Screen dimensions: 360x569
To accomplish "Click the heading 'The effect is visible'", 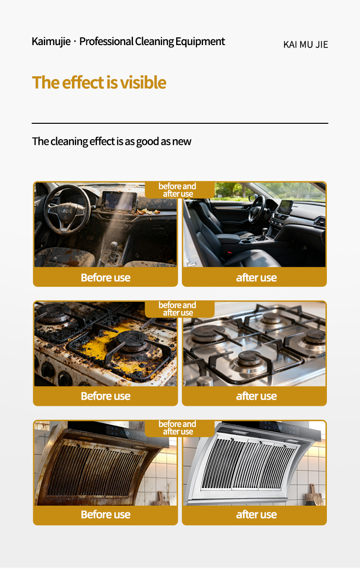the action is point(99,83).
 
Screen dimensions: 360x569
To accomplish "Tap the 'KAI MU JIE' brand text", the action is point(306,45).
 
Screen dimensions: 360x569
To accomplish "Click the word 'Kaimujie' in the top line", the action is point(51,42).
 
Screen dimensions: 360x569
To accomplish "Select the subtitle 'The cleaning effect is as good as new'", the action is point(111,141).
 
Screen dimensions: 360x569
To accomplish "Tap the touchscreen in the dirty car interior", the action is point(120,201).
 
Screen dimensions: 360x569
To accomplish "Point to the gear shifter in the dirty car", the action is point(114,250).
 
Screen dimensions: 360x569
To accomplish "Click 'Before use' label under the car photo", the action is point(106,278).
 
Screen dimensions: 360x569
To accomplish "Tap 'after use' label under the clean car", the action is point(256,278).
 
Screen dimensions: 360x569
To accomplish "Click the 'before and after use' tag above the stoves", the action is point(178,309).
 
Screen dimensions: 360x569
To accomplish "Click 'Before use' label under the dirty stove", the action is point(106,396).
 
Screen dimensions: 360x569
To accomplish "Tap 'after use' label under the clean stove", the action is point(256,396).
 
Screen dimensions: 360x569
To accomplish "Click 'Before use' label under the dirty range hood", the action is point(106,515).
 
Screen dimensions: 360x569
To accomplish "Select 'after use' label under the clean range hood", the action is point(256,515).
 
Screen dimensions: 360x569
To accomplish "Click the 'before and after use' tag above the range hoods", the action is point(178,428).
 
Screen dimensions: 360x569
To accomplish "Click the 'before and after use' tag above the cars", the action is point(178,190).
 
